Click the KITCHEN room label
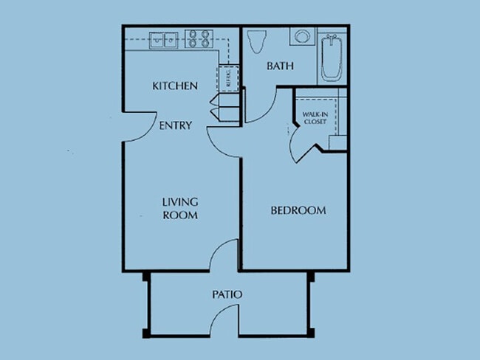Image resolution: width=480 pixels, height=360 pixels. tap(175, 86)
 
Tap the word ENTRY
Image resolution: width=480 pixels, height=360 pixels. tap(176, 125)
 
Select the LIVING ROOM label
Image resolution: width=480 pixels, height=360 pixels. tap(180, 208)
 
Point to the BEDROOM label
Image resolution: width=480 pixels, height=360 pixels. tap(298, 210)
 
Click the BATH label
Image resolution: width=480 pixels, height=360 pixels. tap(281, 66)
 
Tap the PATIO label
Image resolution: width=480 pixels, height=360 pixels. tap(227, 294)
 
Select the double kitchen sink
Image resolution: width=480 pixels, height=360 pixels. tap(163, 39)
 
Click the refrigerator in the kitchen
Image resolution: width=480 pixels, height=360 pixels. tap(228, 78)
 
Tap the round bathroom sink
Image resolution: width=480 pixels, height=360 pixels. tap(301, 37)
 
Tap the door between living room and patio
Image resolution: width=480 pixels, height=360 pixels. tap(222, 255)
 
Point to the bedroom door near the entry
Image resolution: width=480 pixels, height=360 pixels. tap(222, 140)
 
